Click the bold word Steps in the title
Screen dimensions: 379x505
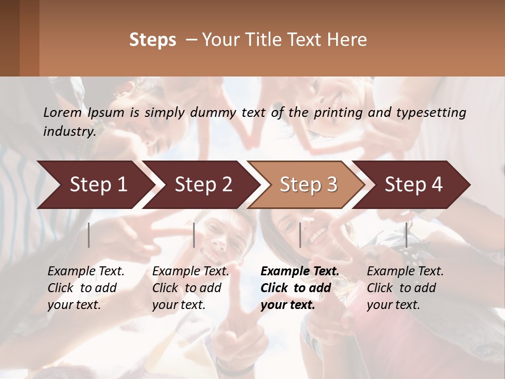point(153,40)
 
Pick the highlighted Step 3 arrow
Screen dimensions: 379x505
point(308,184)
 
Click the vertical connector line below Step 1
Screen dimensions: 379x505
point(89,235)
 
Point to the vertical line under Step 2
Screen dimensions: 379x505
point(194,235)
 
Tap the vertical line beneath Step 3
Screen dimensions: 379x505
point(300,235)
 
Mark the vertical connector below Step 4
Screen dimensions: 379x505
point(406,235)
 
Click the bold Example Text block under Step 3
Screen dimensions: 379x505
point(300,288)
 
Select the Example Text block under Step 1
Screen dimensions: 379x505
point(86,288)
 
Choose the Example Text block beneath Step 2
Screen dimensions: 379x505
point(190,288)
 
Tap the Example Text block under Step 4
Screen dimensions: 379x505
point(405,288)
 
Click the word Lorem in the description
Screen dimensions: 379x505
point(62,112)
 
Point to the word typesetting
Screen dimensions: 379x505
point(431,112)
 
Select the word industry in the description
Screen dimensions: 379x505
point(69,131)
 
